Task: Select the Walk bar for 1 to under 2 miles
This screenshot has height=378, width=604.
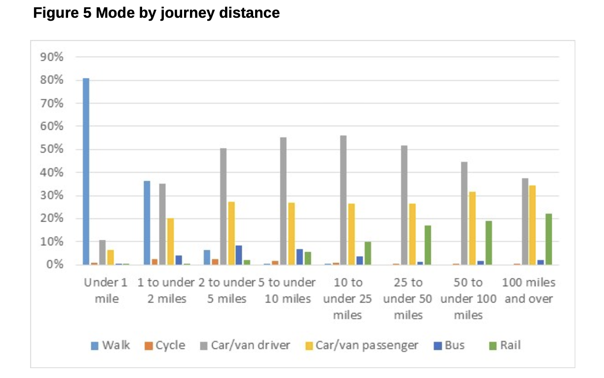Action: [147, 223]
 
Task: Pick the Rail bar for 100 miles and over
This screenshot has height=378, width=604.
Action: [548, 239]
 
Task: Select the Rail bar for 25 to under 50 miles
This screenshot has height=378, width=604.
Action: [428, 245]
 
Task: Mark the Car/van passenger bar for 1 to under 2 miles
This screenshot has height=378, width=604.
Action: [170, 241]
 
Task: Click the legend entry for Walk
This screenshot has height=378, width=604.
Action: [111, 345]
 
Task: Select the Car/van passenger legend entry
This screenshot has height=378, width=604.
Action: [361, 345]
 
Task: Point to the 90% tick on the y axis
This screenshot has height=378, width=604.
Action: [52, 57]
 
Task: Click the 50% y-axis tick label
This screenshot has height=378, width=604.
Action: [52, 150]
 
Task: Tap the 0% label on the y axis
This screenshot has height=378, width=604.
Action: [54, 265]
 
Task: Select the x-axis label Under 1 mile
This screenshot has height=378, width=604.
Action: [106, 290]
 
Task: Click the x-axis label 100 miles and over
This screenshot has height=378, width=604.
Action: [528, 290]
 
